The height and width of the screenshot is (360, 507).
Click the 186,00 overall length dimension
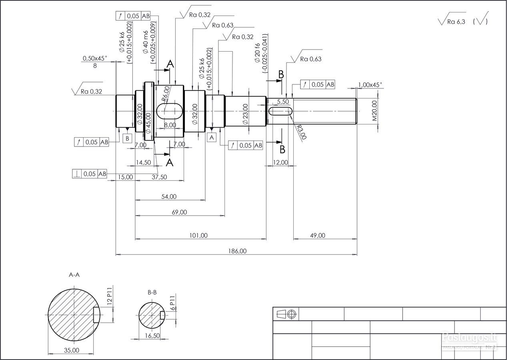point(237,251)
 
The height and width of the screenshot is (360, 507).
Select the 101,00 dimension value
point(198,235)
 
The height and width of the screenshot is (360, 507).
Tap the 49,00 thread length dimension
point(318,235)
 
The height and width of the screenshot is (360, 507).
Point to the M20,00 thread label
point(375,111)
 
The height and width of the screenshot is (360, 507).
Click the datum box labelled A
point(212,137)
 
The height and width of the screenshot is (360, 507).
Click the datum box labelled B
point(127,138)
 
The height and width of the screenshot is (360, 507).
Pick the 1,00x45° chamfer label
point(370,85)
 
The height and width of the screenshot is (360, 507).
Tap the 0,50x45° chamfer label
point(94,58)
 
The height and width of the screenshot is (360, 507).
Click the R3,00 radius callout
point(301,132)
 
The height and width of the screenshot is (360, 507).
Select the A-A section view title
point(74,275)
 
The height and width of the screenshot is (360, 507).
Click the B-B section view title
point(152,292)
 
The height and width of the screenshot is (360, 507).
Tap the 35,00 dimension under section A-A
point(72,350)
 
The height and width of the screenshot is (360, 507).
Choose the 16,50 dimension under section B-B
point(152,336)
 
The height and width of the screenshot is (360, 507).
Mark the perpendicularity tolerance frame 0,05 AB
point(89,174)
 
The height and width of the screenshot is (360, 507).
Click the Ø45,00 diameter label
point(148,123)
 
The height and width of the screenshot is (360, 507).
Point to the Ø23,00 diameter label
point(245,114)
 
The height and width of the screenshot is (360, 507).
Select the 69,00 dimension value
point(180,212)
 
